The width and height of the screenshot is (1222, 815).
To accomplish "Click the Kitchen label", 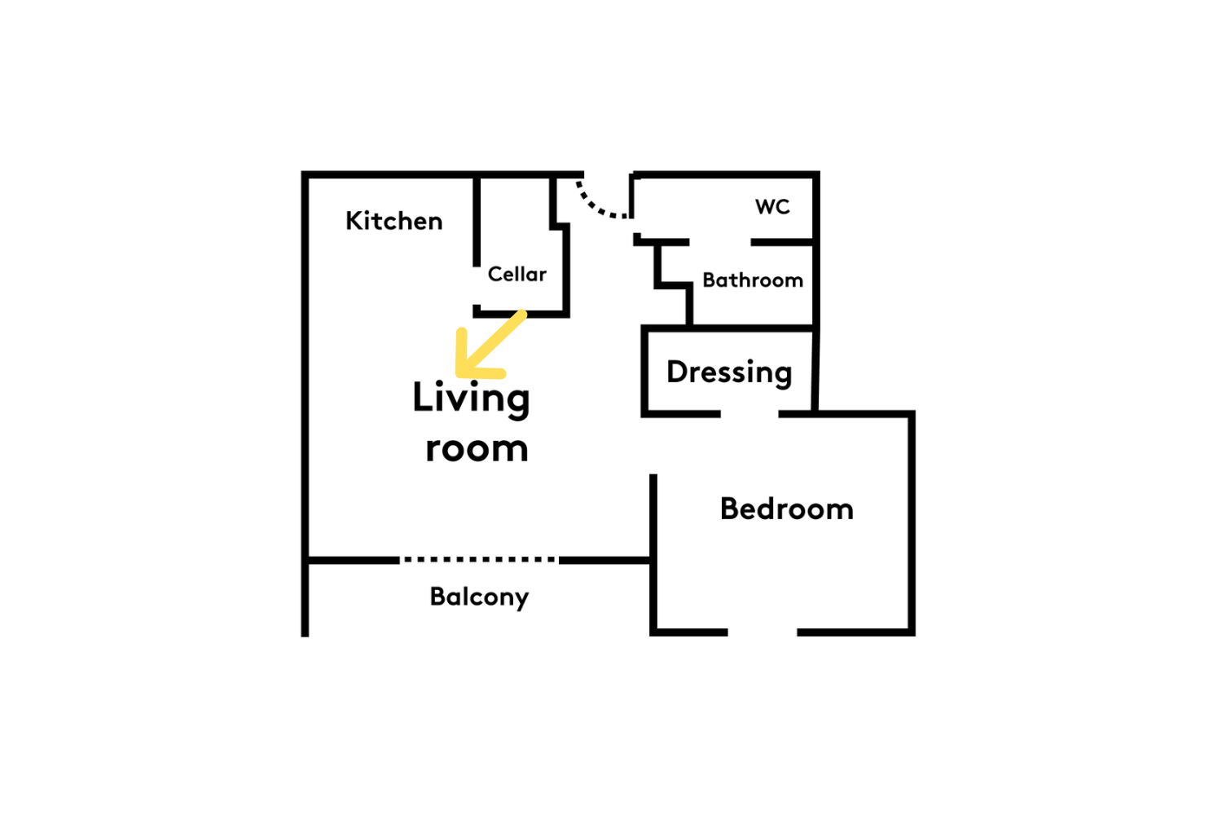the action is (393, 221).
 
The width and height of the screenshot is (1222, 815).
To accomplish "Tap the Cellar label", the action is (516, 274).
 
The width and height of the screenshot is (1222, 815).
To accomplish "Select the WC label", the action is (772, 207).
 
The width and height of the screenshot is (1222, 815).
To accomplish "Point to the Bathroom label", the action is (752, 280).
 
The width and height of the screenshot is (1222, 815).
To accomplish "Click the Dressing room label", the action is (729, 373).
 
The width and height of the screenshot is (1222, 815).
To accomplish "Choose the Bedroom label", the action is (787, 509).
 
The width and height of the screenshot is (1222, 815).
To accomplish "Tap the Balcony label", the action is (479, 597).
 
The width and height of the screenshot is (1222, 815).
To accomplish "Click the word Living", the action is (471, 399).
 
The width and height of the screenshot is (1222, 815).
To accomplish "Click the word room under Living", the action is (477, 449).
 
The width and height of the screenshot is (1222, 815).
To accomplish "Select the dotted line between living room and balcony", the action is (479, 560).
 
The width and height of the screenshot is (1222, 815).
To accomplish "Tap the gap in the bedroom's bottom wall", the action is (762, 632).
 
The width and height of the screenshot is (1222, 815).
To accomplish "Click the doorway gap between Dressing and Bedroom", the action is (749, 414).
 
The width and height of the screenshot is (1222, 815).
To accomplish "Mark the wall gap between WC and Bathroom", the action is (720, 242).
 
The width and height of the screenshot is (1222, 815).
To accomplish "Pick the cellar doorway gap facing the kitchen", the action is (477, 285).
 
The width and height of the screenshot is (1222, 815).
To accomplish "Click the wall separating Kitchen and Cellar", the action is (477, 221).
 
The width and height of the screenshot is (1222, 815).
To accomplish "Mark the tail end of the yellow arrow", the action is (523, 314).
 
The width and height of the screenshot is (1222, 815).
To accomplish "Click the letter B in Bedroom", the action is (730, 509).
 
